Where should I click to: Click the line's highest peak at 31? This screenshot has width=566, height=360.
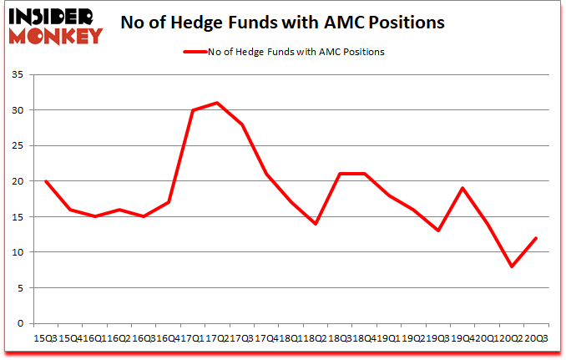(x=217, y=103)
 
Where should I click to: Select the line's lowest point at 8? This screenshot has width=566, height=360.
(x=512, y=266)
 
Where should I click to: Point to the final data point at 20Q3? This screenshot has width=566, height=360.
(x=536, y=238)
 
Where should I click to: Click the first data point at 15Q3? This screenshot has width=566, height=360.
(x=45, y=181)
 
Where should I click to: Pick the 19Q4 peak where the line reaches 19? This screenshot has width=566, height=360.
(x=462, y=188)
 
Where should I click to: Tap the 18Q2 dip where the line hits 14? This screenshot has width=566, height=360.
(x=316, y=224)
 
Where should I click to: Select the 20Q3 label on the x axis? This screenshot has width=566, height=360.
(x=535, y=337)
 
